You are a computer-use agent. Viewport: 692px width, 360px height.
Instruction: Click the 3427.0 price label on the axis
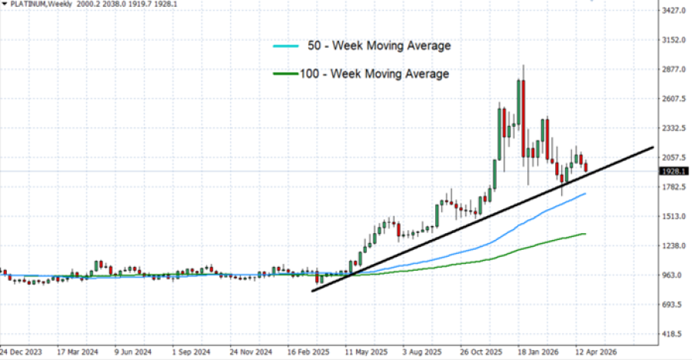674,11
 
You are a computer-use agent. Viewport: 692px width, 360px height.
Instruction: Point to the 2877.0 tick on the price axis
674,69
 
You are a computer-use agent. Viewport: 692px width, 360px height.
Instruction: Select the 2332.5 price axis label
674,128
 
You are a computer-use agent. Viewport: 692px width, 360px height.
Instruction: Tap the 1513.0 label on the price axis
674,216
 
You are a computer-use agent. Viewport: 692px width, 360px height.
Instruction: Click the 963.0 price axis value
674,275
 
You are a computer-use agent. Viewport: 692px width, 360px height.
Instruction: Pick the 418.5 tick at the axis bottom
674,334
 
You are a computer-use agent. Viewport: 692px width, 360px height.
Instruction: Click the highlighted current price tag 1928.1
674,172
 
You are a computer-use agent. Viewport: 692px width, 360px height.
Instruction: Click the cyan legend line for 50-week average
287,47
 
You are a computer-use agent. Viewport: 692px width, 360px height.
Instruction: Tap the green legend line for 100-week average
287,75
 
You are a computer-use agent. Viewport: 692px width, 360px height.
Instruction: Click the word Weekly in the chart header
67,5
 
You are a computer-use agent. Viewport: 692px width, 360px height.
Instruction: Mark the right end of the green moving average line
586,234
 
